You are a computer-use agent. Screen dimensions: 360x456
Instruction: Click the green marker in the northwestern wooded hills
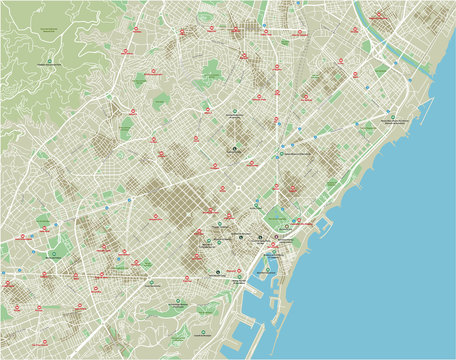point(42,64)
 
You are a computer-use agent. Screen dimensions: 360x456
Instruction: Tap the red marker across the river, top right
point(380,17)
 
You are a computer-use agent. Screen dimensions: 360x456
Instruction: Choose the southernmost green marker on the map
point(180,301)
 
